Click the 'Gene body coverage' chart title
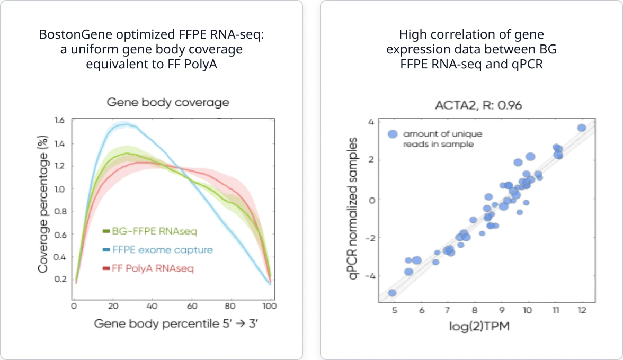[168, 102]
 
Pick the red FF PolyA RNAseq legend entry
[148, 269]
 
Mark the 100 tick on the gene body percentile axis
[270, 307]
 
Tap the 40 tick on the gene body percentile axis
[152, 307]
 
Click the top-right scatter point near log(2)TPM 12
[582, 128]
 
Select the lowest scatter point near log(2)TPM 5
[393, 293]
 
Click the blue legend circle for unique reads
[393, 134]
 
